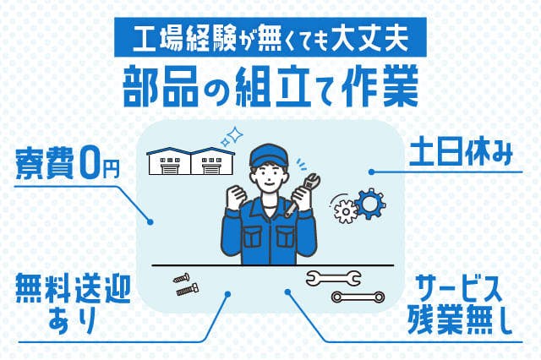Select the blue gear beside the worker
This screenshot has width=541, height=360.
(369, 204)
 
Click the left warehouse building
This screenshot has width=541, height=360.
(169, 162)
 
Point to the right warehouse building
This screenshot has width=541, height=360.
(210, 162)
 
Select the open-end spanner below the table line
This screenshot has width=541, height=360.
(333, 276)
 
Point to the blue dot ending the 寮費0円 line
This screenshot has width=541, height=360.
(151, 221)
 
